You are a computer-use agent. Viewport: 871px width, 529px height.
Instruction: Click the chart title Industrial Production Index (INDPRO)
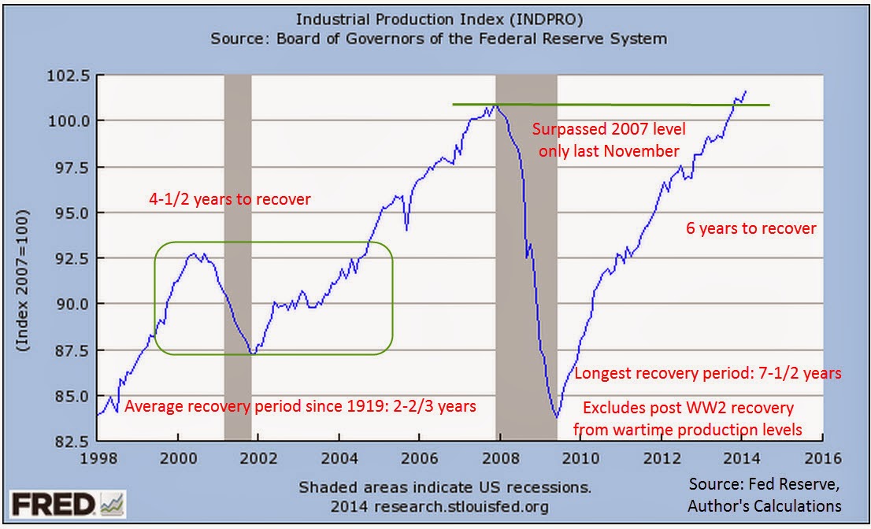439,19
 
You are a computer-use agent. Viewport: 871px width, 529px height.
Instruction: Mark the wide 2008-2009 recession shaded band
525,236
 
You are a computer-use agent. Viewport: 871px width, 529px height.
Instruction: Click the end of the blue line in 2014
746,91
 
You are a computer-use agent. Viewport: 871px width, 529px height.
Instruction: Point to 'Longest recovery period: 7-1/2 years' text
708,374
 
